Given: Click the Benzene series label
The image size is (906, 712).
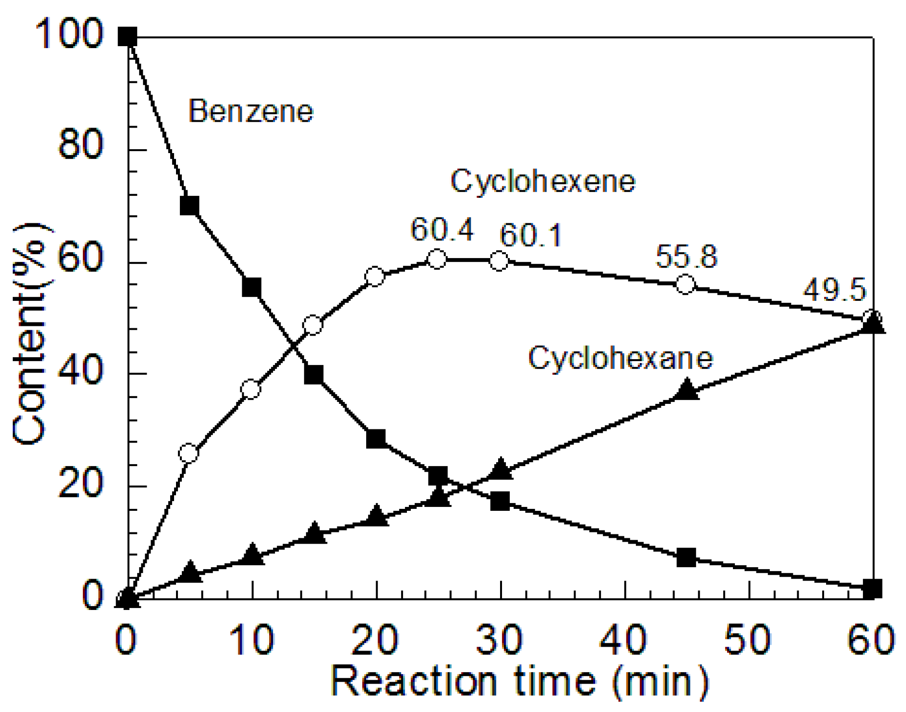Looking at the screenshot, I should pyautogui.click(x=251, y=111).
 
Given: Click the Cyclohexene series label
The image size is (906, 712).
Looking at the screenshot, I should pyautogui.click(x=543, y=181).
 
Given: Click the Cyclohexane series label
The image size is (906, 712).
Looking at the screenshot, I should pyautogui.click(x=620, y=358).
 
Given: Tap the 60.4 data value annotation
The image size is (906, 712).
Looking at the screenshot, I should pyautogui.click(x=442, y=230).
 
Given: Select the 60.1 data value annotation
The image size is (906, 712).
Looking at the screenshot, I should pyautogui.click(x=530, y=235).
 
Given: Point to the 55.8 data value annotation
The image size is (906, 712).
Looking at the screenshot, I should pyautogui.click(x=686, y=257).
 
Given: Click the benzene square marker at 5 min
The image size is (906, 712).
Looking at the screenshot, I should pyautogui.click(x=189, y=206).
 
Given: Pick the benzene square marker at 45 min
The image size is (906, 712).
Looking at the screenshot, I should pyautogui.click(x=686, y=558).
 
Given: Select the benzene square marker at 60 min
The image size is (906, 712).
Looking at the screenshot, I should pyautogui.click(x=872, y=588).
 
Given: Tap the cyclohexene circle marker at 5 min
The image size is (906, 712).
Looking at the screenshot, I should pyautogui.click(x=189, y=453).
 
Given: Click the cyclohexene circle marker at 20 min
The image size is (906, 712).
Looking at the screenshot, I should pyautogui.click(x=375, y=277).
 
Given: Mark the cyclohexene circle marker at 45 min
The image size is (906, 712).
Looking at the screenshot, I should pyautogui.click(x=685, y=284).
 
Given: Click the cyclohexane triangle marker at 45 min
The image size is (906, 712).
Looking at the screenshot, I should pyautogui.click(x=686, y=390).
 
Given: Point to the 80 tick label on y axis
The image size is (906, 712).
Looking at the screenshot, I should pyautogui.click(x=80, y=145).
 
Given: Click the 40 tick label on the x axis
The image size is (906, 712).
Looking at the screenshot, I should pyautogui.click(x=624, y=640).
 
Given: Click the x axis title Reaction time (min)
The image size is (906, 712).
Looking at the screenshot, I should pyautogui.click(x=520, y=682).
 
